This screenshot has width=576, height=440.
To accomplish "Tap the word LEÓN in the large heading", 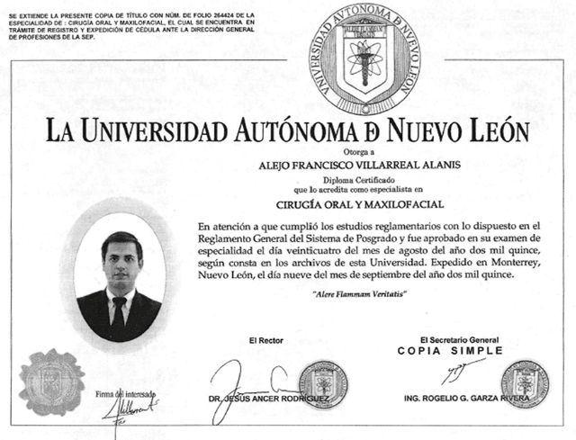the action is coord(490,131).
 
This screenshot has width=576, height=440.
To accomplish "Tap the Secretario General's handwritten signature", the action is coord(460,369).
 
